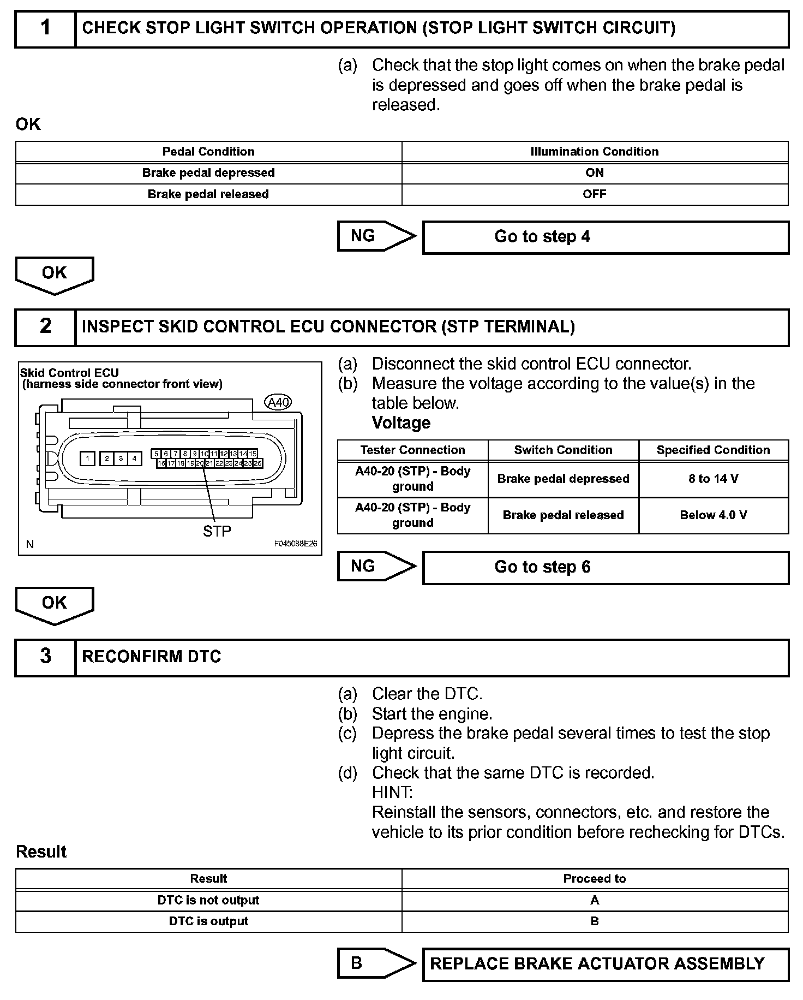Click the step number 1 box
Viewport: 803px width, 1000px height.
click(x=45, y=29)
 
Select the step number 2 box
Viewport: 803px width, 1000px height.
click(x=45, y=327)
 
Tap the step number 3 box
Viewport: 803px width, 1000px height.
click(x=45, y=657)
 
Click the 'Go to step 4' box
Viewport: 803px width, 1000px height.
click(x=606, y=237)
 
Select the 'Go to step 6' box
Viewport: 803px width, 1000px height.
click(x=606, y=567)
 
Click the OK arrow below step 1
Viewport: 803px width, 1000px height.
click(x=54, y=274)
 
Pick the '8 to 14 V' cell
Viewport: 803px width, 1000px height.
click(x=713, y=479)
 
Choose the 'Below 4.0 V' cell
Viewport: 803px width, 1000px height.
click(x=713, y=515)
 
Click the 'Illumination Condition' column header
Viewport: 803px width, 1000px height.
click(x=595, y=152)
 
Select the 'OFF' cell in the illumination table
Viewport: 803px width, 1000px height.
click(x=595, y=194)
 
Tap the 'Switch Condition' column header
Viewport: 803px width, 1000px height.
click(x=563, y=450)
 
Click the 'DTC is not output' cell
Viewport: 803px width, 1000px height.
click(x=208, y=900)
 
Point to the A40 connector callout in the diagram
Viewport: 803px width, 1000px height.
click(x=278, y=402)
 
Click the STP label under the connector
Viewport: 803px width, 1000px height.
click(x=217, y=531)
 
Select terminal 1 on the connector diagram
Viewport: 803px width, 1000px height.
click(x=87, y=459)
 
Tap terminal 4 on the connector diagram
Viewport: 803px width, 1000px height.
click(x=134, y=459)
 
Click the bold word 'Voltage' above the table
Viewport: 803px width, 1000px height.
click(x=401, y=422)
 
